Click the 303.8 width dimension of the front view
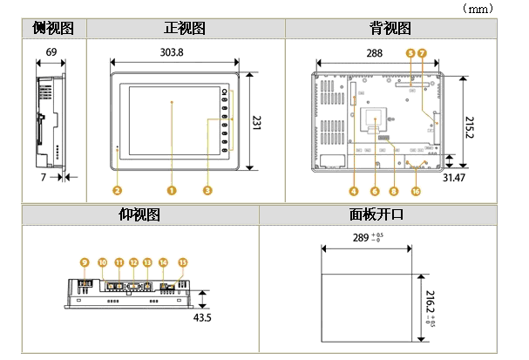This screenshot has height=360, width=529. [x=173, y=52]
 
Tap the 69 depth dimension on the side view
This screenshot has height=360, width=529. [x=51, y=52]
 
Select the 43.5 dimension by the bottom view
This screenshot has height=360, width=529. [x=202, y=317]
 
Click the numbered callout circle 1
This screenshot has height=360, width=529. [x=172, y=189]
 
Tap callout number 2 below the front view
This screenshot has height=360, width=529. [x=117, y=189]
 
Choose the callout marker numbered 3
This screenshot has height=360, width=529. [x=207, y=189]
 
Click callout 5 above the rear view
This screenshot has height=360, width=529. [x=410, y=53]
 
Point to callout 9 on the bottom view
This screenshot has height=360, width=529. [x=85, y=262]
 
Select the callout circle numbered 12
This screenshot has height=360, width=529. [x=133, y=262]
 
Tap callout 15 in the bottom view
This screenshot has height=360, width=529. [x=182, y=262]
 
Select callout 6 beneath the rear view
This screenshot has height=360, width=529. [x=374, y=190]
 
